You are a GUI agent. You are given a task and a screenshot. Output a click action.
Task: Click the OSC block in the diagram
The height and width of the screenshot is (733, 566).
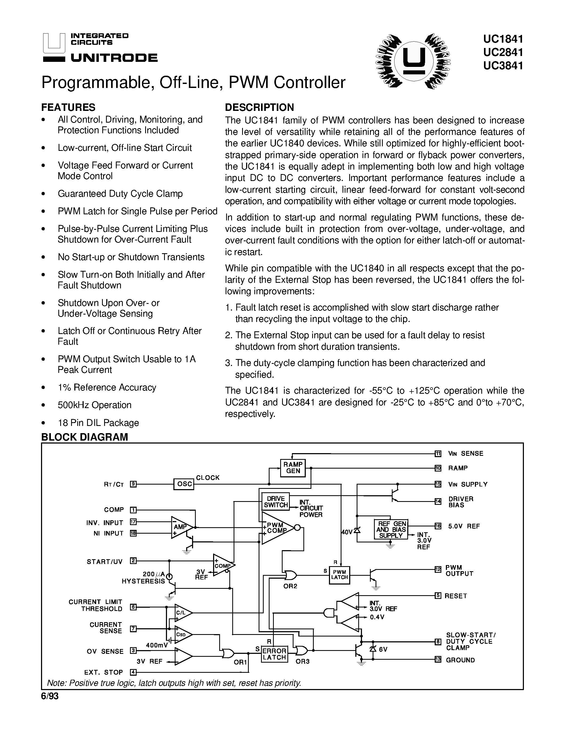[184, 484]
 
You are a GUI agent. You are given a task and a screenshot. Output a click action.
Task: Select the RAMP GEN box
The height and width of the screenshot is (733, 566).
[293, 468]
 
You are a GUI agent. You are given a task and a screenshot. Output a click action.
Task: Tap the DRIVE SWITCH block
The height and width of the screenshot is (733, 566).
[276, 502]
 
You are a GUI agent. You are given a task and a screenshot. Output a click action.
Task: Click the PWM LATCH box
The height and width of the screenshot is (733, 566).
[339, 575]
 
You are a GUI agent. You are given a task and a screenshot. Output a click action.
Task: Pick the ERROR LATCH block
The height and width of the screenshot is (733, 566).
[274, 654]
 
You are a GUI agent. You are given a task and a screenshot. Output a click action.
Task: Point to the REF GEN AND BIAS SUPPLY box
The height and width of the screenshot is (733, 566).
[391, 529]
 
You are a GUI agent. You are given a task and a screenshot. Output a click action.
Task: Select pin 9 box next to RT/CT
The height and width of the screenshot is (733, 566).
[133, 484]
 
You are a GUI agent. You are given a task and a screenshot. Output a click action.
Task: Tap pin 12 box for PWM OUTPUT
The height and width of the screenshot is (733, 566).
[438, 569]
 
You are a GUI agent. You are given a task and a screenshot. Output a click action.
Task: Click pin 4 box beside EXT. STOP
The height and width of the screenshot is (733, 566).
[133, 672]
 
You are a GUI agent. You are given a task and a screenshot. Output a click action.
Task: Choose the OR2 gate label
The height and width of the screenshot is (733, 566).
[290, 586]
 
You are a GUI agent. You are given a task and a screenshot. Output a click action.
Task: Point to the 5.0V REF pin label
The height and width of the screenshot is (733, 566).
[464, 526]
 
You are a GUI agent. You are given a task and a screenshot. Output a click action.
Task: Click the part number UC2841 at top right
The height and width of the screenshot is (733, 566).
[503, 52]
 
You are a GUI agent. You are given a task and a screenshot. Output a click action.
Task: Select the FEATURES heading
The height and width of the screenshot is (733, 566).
[68, 107]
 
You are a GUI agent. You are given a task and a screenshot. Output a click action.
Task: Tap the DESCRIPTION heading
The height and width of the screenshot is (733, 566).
[259, 107]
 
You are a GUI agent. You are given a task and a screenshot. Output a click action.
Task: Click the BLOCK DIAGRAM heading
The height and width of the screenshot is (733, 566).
[84, 437]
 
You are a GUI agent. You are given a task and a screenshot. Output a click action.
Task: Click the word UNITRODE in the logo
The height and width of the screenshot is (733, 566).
[114, 58]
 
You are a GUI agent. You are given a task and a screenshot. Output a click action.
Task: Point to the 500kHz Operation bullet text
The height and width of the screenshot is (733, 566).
[95, 405]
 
